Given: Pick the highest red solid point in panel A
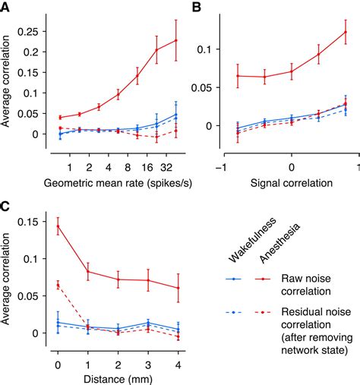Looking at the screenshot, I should pos(176,40).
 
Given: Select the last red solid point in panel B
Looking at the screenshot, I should pos(346,31).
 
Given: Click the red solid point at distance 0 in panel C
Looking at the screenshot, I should pos(58,226).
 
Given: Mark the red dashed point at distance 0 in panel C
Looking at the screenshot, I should pos(58,285).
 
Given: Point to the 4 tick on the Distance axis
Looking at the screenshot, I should pos(178,365).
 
